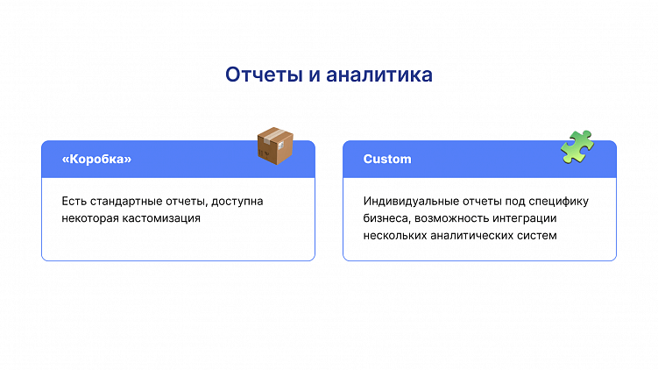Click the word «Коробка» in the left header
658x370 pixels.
click(96, 160)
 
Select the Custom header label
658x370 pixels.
click(387, 160)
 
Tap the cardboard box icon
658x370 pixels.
click(274, 146)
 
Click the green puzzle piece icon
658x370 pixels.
click(577, 146)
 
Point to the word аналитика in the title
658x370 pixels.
click(379, 75)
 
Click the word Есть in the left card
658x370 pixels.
click(73, 202)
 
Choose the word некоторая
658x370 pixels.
click(90, 218)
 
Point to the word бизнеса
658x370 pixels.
click(385, 218)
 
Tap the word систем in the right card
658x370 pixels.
click(538, 235)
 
